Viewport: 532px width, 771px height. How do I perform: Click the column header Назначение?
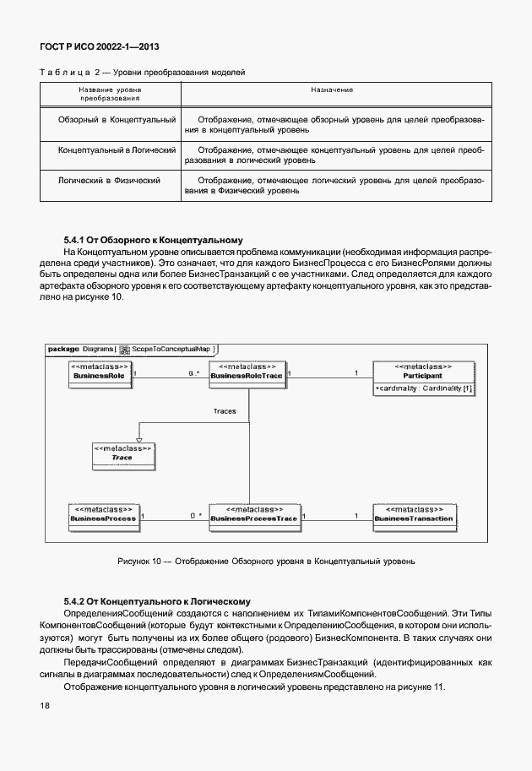(x=332, y=89)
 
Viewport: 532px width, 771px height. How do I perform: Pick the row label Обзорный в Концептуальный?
(x=117, y=120)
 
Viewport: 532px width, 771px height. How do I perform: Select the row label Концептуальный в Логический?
(x=117, y=149)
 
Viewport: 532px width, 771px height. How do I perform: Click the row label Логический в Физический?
(x=109, y=180)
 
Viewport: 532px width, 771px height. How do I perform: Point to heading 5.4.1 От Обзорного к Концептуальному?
(x=153, y=240)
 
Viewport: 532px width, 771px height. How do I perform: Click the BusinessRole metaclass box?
(x=100, y=374)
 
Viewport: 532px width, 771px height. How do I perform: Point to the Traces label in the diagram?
(x=224, y=411)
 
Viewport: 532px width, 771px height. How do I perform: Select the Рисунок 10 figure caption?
(x=266, y=561)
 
